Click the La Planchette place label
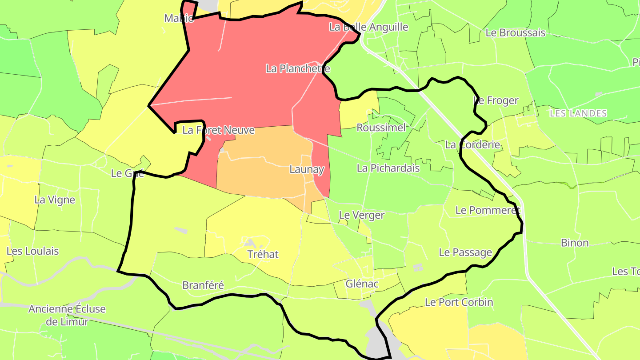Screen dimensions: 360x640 pos(298,68)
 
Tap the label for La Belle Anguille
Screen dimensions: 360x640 pos(368,27)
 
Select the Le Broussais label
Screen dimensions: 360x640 pos(515,32)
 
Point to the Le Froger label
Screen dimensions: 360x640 pos(496,100)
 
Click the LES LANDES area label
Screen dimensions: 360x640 pos(578,113)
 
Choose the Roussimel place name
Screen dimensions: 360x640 pos(381,128)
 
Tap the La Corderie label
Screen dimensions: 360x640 pos(472,144)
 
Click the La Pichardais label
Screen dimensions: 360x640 pos(388,168)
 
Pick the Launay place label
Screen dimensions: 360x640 pos(307,169)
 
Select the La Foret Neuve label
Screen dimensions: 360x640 pos(218,130)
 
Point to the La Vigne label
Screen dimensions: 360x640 pos(55,200)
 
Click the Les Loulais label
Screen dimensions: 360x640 pos(32,251)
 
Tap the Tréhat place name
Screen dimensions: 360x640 pos(263,254)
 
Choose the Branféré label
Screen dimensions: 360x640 pos(203,285)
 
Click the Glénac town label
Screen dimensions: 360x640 pos(362,284)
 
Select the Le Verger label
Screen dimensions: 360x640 pos(361,215)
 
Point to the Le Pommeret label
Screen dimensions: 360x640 pos(488,210)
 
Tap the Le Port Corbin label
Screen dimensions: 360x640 pos(459,302)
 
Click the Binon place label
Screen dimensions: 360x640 pos(574,243)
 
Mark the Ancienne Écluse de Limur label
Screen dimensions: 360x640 pos(67,315)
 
